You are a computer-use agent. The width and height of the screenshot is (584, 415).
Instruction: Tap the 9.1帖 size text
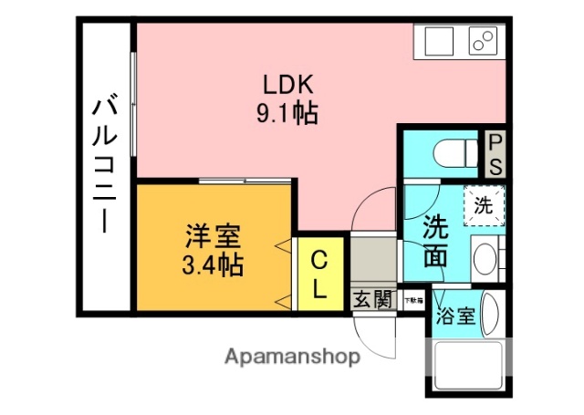(x=288, y=114)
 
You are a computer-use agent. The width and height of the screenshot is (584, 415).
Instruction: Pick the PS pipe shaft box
(x=494, y=155)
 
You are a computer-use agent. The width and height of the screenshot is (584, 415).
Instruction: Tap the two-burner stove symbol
(x=484, y=41)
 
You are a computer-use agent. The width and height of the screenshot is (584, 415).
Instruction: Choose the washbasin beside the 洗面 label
(x=487, y=259)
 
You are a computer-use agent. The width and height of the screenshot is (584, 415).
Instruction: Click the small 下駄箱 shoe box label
(x=415, y=298)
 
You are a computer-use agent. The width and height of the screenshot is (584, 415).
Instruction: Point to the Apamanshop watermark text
(x=292, y=357)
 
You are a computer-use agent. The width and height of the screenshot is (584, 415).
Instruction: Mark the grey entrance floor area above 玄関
(x=372, y=262)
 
